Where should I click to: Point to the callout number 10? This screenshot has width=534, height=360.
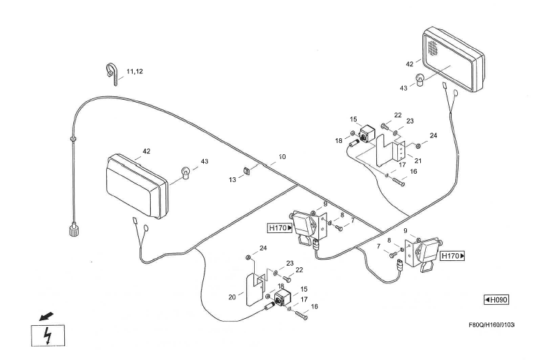pos(281,157)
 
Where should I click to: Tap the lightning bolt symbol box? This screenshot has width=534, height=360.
pos(48,336)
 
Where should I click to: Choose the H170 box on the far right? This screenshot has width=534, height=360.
pos(454,257)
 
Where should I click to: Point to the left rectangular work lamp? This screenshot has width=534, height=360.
pos(138,185)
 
